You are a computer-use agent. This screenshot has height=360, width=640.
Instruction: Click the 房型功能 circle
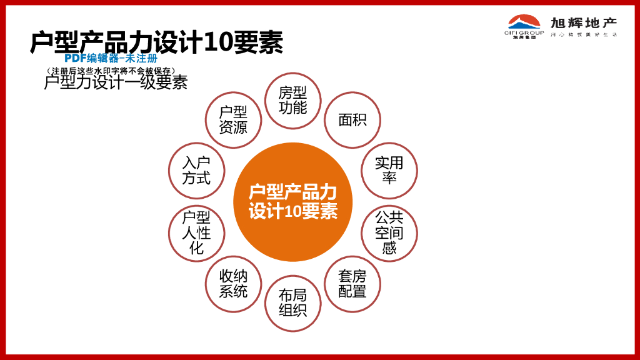(x=292, y=101)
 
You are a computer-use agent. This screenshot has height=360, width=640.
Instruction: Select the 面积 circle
(x=352, y=120)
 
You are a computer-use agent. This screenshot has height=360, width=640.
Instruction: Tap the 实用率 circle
(x=389, y=171)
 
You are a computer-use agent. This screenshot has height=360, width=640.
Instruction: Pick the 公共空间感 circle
(x=389, y=233)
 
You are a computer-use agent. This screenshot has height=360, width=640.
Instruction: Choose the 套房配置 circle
(x=352, y=284)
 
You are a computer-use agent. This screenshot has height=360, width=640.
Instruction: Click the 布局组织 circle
(x=292, y=303)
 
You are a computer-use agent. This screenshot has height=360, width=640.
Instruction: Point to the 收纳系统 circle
(x=233, y=284)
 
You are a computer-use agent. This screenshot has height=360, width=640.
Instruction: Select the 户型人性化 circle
(x=196, y=233)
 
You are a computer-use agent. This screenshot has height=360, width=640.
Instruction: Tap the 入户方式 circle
(x=196, y=171)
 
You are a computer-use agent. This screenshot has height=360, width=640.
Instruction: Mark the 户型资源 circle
(x=233, y=120)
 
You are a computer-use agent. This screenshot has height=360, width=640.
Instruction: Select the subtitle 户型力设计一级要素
(x=116, y=82)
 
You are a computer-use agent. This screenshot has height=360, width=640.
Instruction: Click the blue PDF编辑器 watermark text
(x=110, y=59)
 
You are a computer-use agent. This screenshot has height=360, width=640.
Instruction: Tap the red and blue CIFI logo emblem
(x=524, y=22)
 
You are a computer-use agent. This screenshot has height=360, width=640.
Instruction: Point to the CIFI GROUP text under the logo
(x=524, y=32)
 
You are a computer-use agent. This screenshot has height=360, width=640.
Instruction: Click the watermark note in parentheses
(x=111, y=71)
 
